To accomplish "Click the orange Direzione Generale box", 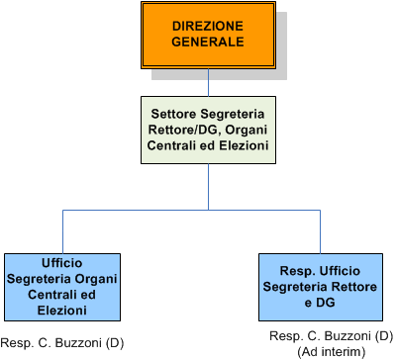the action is click(x=208, y=36).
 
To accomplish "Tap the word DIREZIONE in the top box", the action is click(x=208, y=26).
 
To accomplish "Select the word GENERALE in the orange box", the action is click(x=208, y=42).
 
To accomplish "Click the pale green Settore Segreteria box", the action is click(x=208, y=130).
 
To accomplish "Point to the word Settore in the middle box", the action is click(x=174, y=114).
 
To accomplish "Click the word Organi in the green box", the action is click(x=247, y=130).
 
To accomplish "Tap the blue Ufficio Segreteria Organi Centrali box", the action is click(x=62, y=287).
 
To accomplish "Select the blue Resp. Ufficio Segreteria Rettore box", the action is click(x=321, y=287).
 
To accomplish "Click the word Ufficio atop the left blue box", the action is click(x=62, y=263).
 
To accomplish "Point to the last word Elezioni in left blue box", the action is click(x=62, y=311).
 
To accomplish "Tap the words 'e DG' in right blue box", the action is click(x=320, y=303).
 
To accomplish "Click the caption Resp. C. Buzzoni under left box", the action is click(x=62, y=343).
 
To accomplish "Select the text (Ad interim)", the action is click(x=332, y=352).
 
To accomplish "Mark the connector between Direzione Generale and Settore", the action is click(x=208, y=82).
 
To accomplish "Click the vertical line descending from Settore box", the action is click(x=208, y=187).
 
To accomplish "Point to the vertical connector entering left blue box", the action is click(x=62, y=231).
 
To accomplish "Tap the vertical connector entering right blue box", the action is click(x=320, y=231).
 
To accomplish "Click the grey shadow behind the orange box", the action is click(x=281, y=46).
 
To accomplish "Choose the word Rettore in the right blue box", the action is click(x=354, y=287).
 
